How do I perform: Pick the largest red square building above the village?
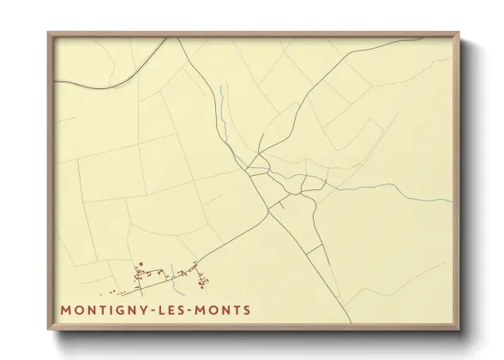tap(139, 264)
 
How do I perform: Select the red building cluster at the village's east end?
tap(202, 278)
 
